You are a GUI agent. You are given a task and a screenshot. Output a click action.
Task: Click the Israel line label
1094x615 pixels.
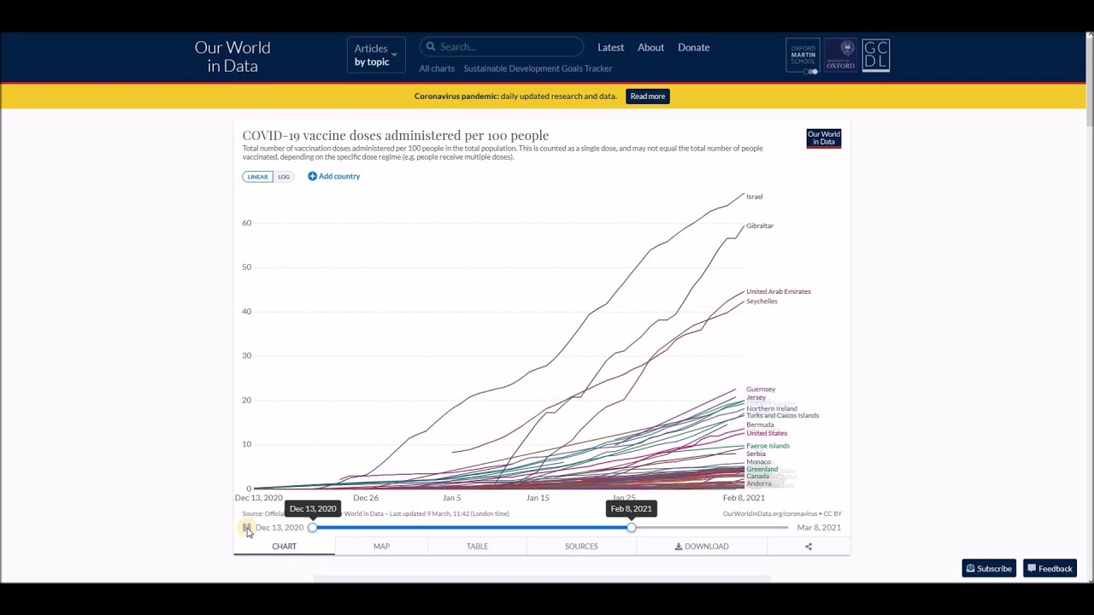pos(754,196)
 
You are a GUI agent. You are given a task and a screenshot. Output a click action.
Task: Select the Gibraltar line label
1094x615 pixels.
pos(759,225)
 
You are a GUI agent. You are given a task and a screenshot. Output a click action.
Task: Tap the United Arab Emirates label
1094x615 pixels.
pos(778,291)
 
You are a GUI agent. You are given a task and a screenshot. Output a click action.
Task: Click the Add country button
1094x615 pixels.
pos(334,176)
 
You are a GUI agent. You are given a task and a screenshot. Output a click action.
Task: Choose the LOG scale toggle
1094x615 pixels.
pos(284,177)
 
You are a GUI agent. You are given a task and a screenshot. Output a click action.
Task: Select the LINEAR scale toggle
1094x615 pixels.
pos(257,177)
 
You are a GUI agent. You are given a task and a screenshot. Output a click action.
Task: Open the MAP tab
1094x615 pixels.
pos(381,546)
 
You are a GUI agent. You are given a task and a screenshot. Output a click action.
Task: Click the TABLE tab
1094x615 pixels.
pos(477,546)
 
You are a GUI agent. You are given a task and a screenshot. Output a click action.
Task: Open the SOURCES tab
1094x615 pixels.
pos(581,546)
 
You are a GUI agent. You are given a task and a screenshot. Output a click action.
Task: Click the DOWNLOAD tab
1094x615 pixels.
pos(702,546)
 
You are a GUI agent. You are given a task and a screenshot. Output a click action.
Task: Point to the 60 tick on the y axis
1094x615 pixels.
pos(246,223)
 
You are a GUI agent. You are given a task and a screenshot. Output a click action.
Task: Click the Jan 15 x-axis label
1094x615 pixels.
pos(538,497)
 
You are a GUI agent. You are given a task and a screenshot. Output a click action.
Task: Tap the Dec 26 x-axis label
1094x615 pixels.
pos(366,497)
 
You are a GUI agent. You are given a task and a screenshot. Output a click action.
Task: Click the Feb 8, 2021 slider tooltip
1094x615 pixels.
pos(631,508)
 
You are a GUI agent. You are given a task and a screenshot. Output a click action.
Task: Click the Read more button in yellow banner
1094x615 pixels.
pos(647,96)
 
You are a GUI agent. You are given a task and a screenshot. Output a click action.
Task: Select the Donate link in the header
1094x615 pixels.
pos(693,47)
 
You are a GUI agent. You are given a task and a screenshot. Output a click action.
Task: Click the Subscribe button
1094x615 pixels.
pos(989,568)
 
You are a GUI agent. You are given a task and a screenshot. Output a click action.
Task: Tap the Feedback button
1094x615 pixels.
pos(1050,568)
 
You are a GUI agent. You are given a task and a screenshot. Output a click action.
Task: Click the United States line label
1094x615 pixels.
pos(766,433)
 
